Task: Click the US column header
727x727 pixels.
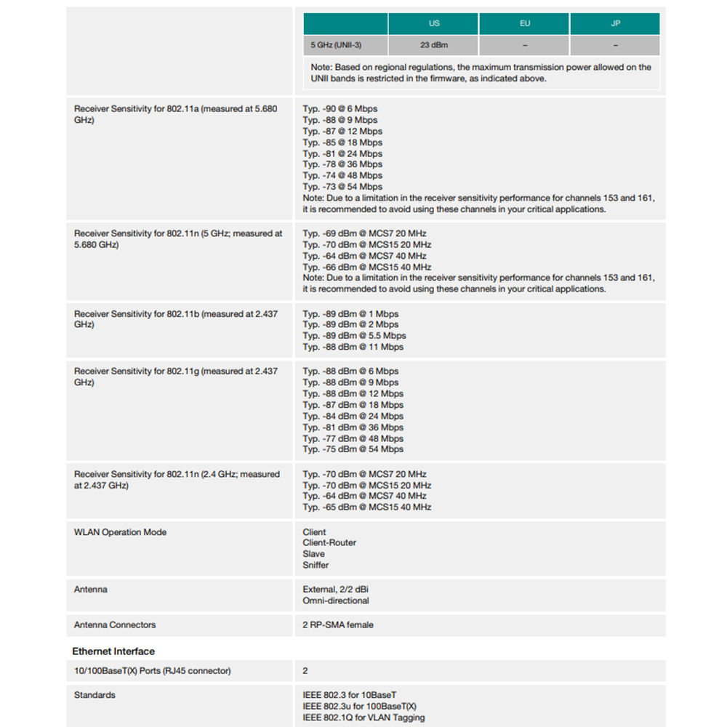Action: (434, 23)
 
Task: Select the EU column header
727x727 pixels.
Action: (524, 23)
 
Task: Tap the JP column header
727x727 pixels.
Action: (615, 23)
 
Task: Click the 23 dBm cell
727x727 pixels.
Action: (434, 45)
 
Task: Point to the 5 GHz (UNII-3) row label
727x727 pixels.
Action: (336, 45)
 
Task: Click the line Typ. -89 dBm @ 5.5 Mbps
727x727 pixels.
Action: (354, 336)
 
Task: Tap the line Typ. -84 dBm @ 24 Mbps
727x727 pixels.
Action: (353, 416)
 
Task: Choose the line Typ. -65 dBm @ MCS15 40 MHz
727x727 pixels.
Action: (366, 507)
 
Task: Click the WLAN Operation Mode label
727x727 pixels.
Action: (120, 532)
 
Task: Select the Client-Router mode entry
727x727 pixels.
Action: (329, 543)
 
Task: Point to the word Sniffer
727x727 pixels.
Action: (316, 565)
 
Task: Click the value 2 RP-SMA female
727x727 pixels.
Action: (338, 624)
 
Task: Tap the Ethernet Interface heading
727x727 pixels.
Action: (113, 651)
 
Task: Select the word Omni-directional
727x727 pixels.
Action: (336, 601)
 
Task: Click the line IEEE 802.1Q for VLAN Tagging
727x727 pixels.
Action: (363, 718)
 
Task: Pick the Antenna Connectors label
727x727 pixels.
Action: (115, 624)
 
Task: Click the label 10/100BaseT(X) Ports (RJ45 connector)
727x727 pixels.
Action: (152, 670)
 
